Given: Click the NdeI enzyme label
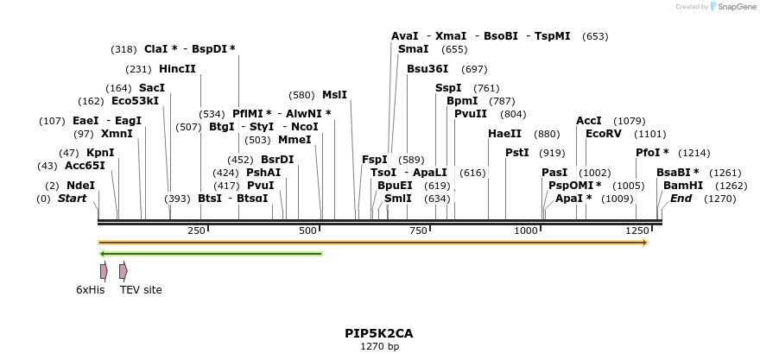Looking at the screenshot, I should tap(80, 186).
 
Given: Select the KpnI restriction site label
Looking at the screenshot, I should tap(100, 153).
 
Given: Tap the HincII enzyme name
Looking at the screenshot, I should tap(177, 69).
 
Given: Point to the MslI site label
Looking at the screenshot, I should tap(334, 95).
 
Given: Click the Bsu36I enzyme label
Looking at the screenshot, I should tap(427, 69).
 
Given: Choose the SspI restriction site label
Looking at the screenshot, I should tap(448, 88).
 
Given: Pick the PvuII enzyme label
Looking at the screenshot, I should tap(471, 114).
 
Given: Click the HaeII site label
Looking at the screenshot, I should tap(504, 134).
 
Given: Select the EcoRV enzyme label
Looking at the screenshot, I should tap(603, 134).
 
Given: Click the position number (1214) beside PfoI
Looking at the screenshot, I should tap(694, 153).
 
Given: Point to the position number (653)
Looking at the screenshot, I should tap(595, 36).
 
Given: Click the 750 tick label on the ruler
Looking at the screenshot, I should tap(419, 231).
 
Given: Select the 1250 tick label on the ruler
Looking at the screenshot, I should tap(637, 231).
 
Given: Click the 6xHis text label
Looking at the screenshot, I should tap(90, 290).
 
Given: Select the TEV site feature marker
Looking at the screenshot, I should tap(123, 271).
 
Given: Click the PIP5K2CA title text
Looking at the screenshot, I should tap(379, 333).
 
